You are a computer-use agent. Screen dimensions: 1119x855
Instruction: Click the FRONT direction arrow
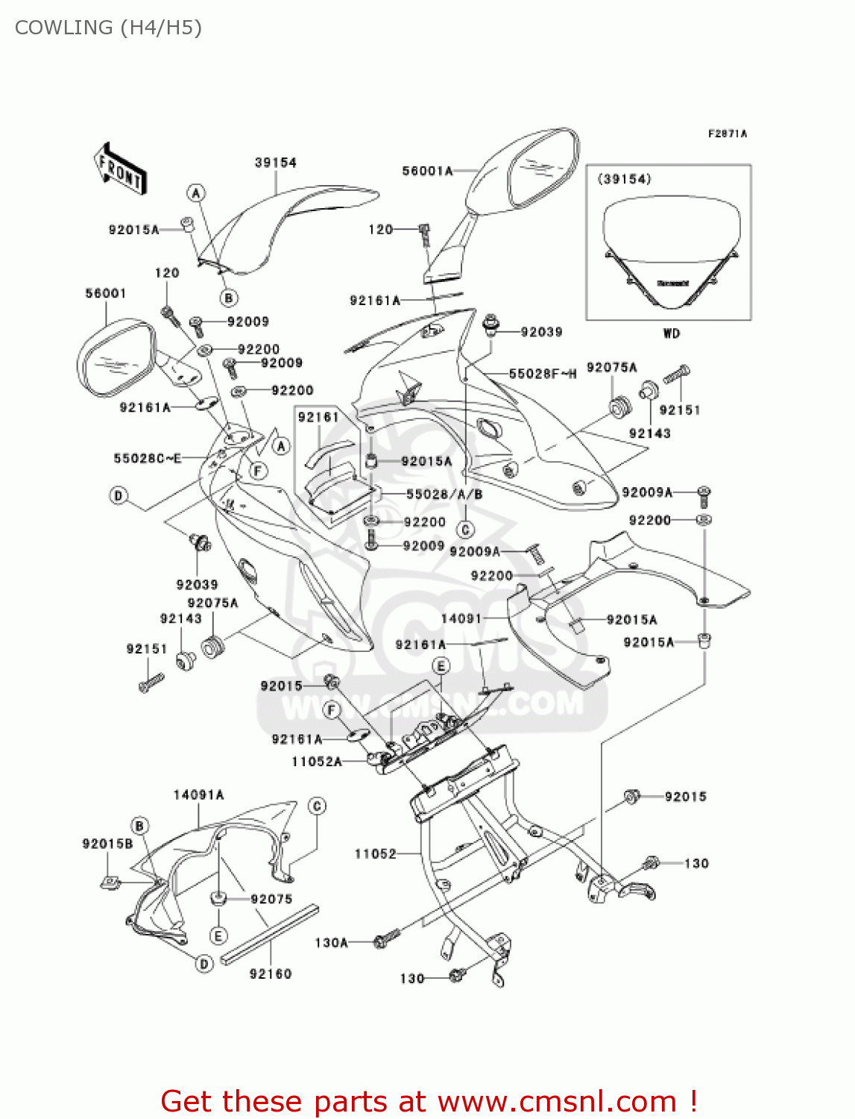119,169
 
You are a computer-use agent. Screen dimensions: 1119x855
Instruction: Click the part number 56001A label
427,171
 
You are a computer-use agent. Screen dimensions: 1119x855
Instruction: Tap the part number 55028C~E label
147,458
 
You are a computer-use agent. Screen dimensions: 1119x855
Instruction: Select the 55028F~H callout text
542,374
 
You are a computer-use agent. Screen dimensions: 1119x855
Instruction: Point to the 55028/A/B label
444,494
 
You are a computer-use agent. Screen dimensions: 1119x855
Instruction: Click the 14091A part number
198,795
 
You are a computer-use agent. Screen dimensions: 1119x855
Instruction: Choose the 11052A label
317,762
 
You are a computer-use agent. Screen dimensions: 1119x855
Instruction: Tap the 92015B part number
107,844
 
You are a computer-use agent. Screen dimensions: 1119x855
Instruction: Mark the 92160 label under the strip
270,974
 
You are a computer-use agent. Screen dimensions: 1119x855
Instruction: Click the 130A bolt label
331,943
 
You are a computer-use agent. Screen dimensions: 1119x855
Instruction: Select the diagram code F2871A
727,134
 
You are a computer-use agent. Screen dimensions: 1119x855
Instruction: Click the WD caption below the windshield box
671,333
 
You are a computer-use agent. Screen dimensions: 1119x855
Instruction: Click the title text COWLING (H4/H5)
108,28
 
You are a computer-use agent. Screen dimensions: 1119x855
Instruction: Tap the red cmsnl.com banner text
429,1101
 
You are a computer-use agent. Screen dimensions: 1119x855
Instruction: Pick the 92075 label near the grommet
271,899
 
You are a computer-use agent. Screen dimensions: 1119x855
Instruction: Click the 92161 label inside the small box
318,417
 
